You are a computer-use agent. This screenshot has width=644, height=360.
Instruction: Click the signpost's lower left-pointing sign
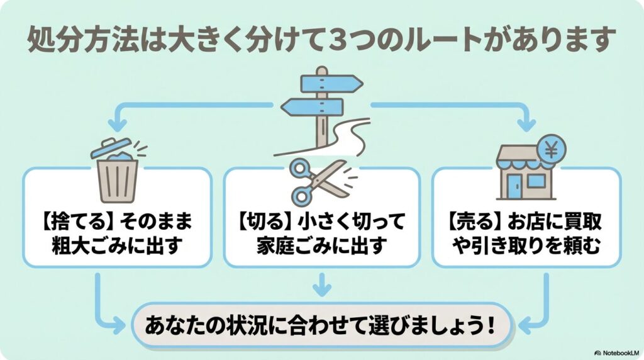coord(311,106)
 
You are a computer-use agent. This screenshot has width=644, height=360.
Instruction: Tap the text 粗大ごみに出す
coord(118,245)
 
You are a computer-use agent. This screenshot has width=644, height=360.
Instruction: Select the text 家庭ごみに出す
coord(321,245)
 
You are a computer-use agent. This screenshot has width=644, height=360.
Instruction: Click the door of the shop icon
coord(513,186)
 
